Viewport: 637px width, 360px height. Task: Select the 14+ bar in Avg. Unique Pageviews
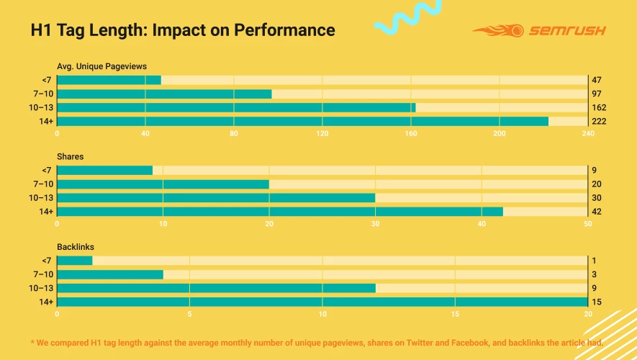click(302, 121)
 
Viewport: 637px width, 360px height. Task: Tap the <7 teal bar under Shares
click(104, 170)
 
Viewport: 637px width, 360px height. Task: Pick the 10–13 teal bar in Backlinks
click(216, 288)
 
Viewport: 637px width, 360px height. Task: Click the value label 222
click(599, 121)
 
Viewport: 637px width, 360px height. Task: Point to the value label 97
click(597, 94)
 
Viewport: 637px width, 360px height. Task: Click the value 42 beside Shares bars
click(597, 211)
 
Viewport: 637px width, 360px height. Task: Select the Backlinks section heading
click(76, 247)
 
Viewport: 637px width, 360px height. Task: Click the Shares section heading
click(71, 156)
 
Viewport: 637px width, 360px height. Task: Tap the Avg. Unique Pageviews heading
click(101, 66)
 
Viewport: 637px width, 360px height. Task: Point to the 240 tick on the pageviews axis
click(588, 134)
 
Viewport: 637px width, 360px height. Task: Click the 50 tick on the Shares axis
click(588, 224)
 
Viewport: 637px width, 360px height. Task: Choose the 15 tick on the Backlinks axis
click(455, 315)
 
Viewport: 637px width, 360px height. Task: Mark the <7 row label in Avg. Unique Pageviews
click(47, 80)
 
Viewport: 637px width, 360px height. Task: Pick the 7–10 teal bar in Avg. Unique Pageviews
click(164, 94)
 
